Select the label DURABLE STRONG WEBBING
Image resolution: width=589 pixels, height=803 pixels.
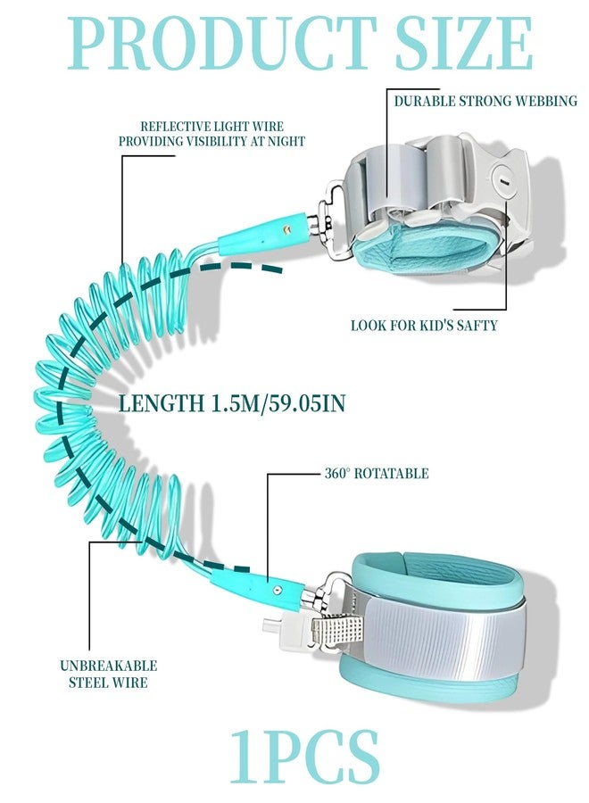tap(485, 101)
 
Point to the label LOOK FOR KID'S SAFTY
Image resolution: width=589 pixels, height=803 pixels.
tap(424, 325)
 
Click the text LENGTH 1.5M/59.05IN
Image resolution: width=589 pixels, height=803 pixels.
tap(232, 403)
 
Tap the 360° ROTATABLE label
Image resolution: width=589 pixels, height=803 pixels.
tap(377, 473)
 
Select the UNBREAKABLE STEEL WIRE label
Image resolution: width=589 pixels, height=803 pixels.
tap(109, 674)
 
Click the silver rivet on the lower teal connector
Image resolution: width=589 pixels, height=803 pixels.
tap(278, 590)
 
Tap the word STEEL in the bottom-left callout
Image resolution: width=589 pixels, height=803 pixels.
tap(88, 683)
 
